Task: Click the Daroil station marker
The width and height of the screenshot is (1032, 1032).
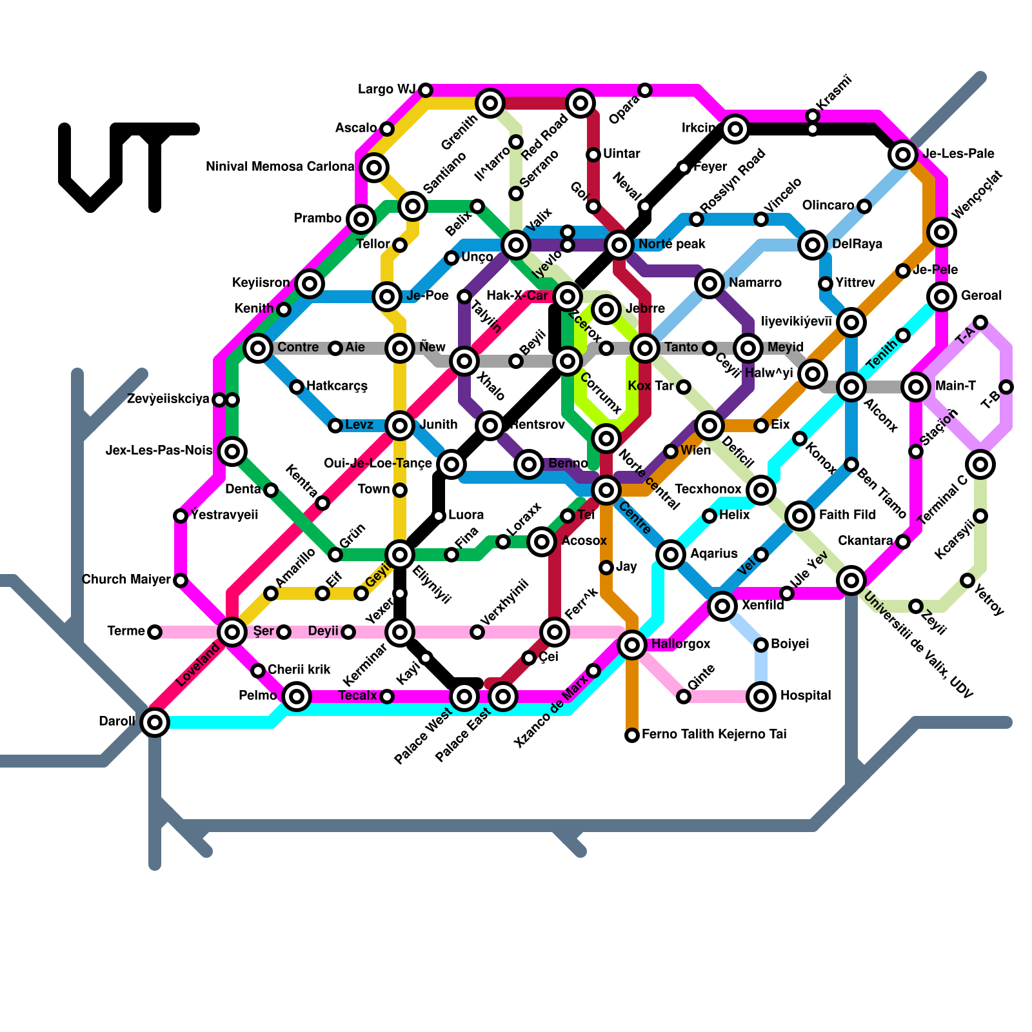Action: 155,722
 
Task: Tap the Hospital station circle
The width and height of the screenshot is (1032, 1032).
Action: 761,697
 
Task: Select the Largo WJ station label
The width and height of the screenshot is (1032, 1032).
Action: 386,90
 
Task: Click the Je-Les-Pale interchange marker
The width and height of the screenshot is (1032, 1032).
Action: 903,154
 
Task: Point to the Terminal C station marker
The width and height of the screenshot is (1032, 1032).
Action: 980,464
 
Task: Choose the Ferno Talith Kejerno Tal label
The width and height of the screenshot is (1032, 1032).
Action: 714,735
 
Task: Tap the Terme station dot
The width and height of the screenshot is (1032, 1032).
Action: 155,632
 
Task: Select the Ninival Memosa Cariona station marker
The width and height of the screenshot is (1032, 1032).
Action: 374,168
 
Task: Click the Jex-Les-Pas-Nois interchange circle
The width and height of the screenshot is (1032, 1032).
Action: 232,451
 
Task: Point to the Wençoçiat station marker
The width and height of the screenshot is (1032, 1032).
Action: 942,232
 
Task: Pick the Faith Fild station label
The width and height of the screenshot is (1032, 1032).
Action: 847,515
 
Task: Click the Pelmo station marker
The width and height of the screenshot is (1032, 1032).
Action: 297,696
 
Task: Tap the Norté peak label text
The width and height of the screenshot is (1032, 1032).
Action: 671,244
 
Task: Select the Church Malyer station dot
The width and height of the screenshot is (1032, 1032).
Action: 181,580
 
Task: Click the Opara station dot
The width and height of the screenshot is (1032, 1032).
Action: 645,90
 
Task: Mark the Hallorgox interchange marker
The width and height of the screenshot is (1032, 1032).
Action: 632,644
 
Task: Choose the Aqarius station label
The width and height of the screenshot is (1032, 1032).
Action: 713,554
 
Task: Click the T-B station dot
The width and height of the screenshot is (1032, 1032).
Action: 1006,387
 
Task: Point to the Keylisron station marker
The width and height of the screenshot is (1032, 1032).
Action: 310,283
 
